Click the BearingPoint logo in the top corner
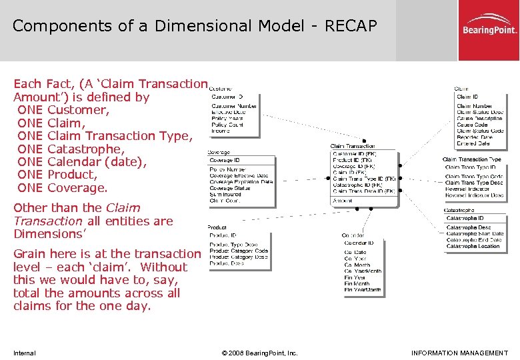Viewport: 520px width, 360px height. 489,30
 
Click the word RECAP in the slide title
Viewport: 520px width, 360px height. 351,26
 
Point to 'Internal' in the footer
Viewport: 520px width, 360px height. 24,353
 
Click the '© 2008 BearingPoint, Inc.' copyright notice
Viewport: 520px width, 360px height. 259,353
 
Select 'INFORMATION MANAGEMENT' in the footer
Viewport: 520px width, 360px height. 459,353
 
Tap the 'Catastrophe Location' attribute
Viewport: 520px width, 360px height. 473,247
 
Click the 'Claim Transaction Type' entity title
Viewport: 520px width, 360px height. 471,159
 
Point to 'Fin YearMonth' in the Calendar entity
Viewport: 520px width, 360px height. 363,290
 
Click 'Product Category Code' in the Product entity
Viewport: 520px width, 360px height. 239,251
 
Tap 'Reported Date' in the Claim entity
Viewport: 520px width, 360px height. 475,137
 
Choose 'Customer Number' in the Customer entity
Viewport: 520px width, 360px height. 234,106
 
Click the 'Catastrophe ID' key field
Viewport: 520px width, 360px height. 465,218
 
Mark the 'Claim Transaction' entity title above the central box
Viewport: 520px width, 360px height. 352,146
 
